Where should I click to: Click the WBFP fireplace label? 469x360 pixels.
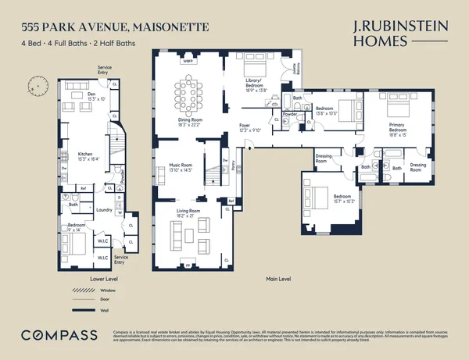coord(188,60)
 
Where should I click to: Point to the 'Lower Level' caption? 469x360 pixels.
coord(83,276)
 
